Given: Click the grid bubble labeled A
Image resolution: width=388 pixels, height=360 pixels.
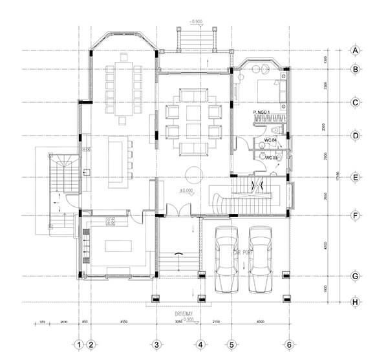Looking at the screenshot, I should [355, 50].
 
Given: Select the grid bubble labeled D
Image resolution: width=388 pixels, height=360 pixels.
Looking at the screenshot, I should [355, 136].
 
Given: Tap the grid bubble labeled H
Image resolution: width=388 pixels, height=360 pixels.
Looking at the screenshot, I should [355, 302].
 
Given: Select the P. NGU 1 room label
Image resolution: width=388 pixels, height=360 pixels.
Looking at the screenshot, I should [261, 112].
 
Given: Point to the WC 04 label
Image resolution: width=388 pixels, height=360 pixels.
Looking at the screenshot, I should [270, 140].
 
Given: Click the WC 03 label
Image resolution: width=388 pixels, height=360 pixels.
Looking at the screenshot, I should [272, 157].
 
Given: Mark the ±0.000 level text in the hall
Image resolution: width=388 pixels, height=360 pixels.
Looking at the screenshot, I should [187, 191].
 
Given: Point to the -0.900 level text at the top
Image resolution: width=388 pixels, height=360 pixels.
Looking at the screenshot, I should [197, 22].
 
